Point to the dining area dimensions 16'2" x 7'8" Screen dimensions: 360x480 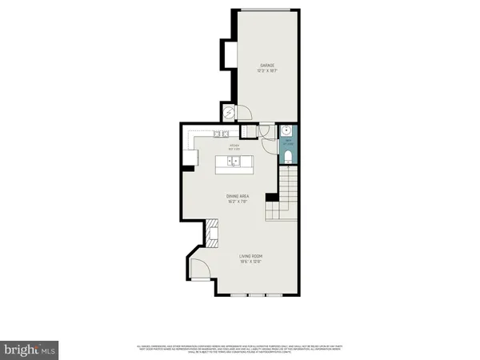[238, 201]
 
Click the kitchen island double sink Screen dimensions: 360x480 [234, 162]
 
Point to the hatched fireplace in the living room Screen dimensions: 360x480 [212, 233]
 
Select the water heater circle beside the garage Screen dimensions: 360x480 [228, 113]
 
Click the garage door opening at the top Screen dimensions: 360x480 [267, 10]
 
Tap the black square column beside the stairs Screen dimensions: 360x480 [271, 198]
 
